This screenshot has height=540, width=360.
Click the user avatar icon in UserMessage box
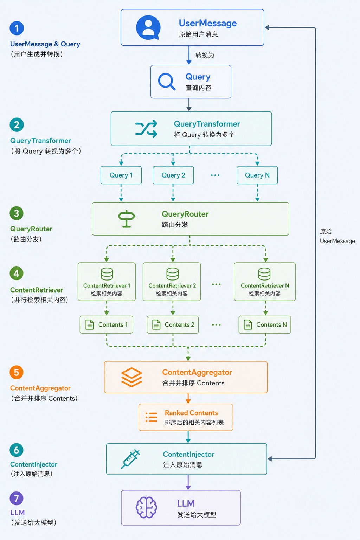148,27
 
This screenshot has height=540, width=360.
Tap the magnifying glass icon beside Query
167,82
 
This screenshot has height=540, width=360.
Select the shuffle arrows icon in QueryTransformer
146,129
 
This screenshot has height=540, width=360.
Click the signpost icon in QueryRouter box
127,219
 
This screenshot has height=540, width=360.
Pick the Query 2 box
173,175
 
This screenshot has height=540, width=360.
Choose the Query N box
257,175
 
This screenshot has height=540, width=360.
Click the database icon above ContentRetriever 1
107,274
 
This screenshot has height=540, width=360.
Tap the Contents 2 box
173,325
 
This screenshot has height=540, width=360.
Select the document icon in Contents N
248,325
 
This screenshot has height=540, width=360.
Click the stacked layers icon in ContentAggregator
131,377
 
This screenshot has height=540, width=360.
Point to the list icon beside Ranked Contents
152,417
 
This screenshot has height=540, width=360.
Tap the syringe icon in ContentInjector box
130,459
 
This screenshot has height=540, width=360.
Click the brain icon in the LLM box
146,507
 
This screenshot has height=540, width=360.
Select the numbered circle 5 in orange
17,372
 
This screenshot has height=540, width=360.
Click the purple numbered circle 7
17,499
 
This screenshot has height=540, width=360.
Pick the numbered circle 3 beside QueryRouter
17,213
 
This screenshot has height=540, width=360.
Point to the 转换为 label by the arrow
205,55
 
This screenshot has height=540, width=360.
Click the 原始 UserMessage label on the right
337,236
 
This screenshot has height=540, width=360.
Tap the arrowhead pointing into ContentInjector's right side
270,459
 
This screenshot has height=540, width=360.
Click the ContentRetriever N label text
265,286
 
